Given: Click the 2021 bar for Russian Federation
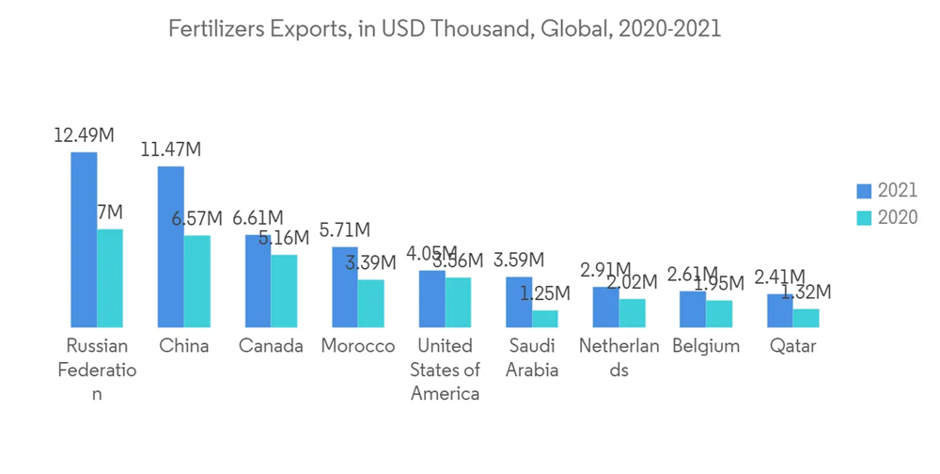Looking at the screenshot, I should [x=84, y=239].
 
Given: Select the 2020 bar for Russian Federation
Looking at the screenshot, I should [x=110, y=277].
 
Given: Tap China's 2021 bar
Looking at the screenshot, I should [x=170, y=246].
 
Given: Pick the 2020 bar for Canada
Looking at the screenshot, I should [x=284, y=291].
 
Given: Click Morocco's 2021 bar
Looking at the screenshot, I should [x=344, y=287].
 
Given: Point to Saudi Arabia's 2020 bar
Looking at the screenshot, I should [x=545, y=318].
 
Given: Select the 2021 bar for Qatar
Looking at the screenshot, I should [x=779, y=310].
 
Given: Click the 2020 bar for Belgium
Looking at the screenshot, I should [x=719, y=313].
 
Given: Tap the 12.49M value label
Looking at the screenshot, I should [x=84, y=135].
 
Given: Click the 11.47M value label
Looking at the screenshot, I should [x=170, y=150].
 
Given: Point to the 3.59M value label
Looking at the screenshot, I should [x=519, y=259].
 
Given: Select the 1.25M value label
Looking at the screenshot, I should [x=546, y=292].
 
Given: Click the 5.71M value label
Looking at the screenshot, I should [x=344, y=229].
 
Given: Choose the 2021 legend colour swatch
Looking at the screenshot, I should [x=864, y=191].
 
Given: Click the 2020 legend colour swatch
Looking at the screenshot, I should [x=864, y=217].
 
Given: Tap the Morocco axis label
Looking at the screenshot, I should [x=357, y=346].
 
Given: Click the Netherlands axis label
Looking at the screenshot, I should [x=619, y=357].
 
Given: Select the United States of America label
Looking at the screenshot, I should [x=445, y=370].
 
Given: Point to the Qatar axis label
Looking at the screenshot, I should [x=792, y=346].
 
